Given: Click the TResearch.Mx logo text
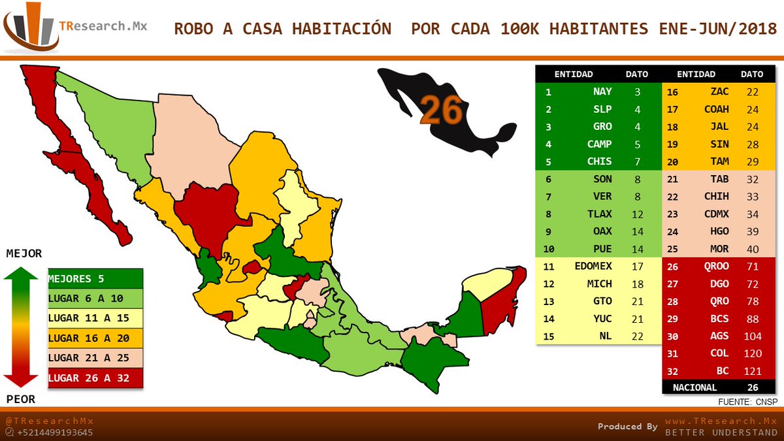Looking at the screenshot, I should (103, 27).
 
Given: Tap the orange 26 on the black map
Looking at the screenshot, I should (442, 110).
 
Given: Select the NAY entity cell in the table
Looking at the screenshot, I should (602, 92).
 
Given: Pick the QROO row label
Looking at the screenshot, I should (715, 267).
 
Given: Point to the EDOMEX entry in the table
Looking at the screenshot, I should (593, 267).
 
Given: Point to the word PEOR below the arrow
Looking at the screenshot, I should (22, 399).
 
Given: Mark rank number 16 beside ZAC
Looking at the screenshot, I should (672, 92).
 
